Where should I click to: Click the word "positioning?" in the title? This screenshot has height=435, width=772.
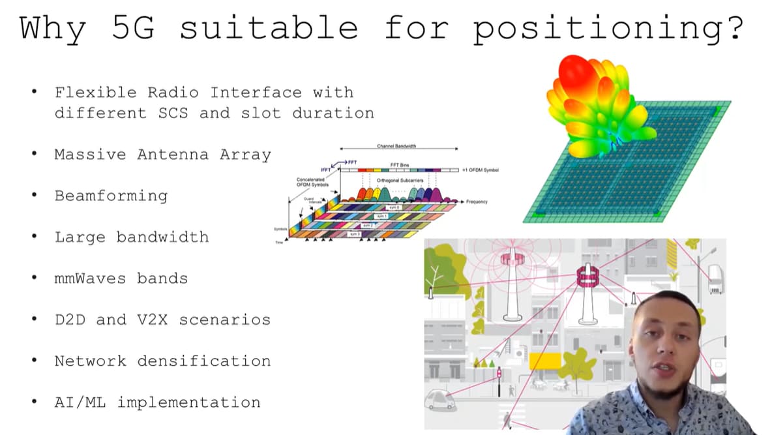608,29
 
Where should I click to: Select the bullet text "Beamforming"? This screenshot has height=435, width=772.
111,196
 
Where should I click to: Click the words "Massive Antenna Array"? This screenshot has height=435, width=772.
162,155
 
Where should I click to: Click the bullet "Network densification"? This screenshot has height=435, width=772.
162,361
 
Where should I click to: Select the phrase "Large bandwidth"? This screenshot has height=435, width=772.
132,237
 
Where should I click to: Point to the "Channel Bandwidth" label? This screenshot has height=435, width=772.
396,146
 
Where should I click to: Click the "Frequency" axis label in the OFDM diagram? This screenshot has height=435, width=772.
477,202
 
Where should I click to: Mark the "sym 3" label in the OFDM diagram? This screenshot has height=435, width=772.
355,234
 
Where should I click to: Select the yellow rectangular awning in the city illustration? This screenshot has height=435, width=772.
545,361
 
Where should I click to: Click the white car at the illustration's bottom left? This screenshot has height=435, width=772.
440,397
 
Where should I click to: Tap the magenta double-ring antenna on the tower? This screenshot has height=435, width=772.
587,278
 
